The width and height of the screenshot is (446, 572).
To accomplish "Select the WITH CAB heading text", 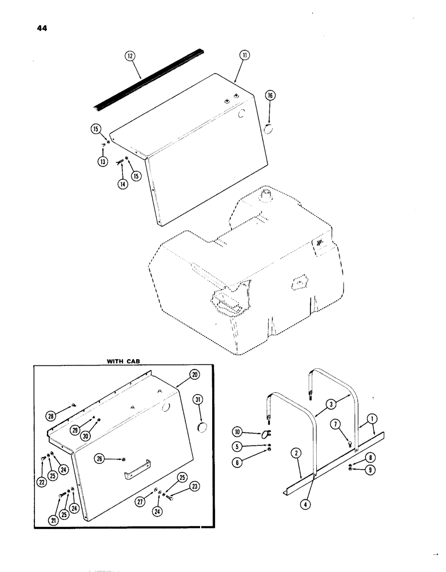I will coord(124,361).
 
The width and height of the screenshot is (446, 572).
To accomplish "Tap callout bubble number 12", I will coord(130,57).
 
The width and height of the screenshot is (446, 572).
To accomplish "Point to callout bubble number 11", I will coord(244,56).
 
